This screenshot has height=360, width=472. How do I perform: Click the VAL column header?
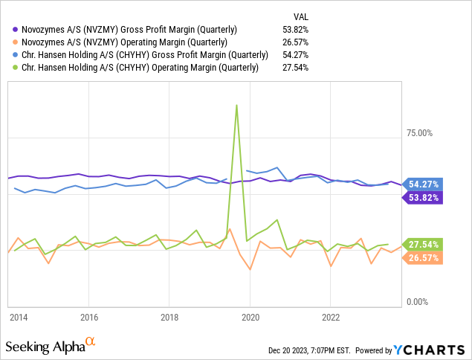300,16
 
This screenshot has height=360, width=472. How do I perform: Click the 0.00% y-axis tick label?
418,302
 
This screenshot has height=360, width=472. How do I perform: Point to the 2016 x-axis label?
88,317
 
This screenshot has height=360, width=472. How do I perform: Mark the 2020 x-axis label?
250,317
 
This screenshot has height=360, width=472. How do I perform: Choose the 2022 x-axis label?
331,317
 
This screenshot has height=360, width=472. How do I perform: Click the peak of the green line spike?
236,105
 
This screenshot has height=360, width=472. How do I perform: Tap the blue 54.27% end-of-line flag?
422,184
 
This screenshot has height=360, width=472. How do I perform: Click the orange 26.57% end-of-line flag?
422,257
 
